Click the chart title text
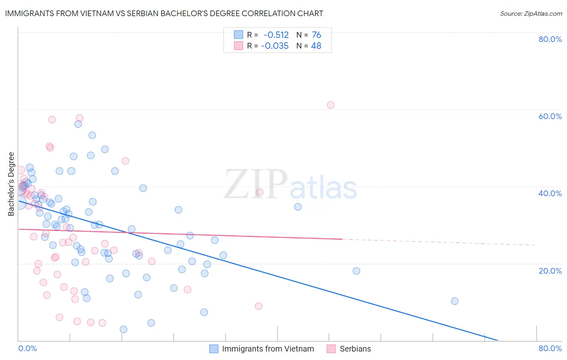164,13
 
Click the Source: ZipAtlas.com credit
531,14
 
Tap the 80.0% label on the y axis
550,39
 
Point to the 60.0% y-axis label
550,116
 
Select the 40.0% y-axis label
550,193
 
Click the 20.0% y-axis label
550,271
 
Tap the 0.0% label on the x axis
27,348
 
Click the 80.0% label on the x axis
550,348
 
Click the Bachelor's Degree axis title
11,184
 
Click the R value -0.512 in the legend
276,35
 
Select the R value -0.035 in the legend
275,46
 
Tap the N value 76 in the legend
316,35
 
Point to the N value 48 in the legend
316,46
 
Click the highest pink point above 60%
331,105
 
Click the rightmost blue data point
454,301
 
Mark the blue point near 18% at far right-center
356,271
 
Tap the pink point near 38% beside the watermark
260,192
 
